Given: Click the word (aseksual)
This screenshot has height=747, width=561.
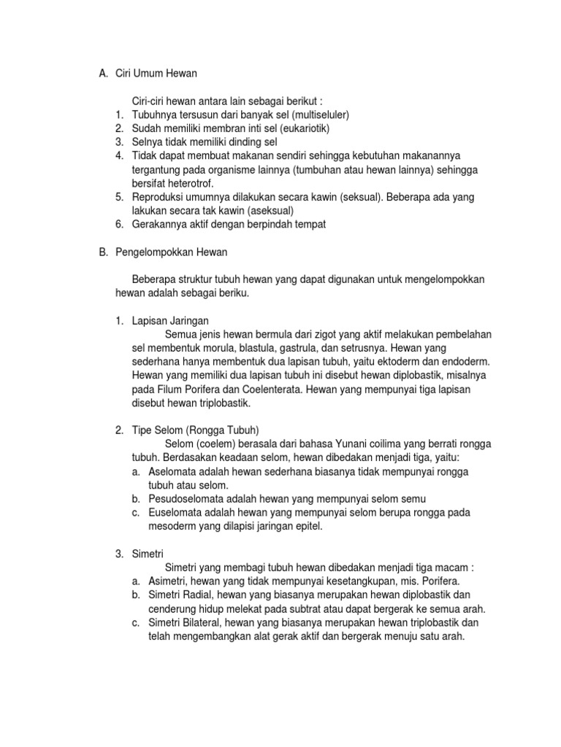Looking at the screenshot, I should [x=260, y=211].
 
